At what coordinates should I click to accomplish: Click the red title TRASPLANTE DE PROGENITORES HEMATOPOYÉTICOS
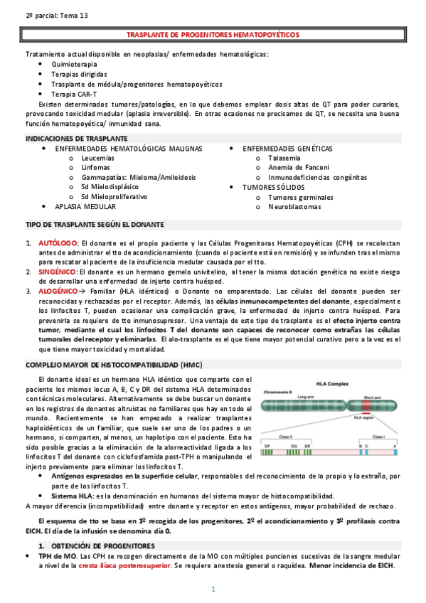pos(213,34)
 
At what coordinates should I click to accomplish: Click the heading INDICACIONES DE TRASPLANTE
pos(76,138)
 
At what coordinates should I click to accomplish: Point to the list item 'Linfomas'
pos(95,167)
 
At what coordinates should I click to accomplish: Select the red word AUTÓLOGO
pos(58,242)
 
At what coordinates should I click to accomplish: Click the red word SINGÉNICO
pos(58,272)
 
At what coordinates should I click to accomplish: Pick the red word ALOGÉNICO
pos(58,291)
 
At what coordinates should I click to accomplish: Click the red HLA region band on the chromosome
pos(365,406)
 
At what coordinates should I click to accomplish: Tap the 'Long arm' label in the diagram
pos(305,396)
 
